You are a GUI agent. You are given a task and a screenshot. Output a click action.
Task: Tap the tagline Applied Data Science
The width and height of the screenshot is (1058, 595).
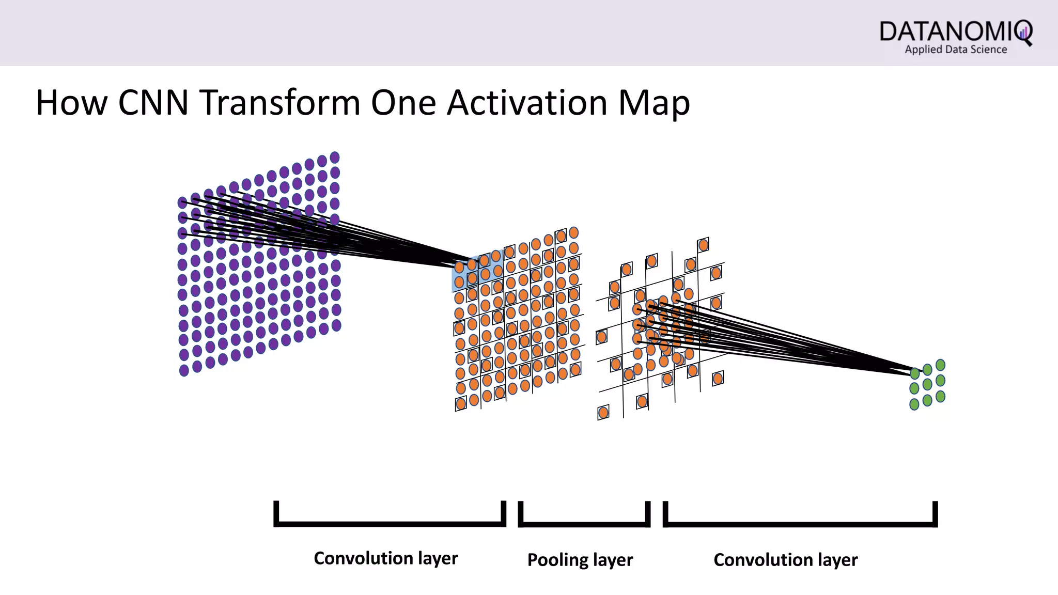(x=956, y=50)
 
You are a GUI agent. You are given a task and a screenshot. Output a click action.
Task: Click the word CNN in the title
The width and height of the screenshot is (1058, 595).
(x=153, y=102)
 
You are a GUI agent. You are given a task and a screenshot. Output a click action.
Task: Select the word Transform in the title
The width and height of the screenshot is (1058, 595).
(x=281, y=102)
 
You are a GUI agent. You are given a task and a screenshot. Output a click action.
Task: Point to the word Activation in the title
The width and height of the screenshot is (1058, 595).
(x=527, y=102)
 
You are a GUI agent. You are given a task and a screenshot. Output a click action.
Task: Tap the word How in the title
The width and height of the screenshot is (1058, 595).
(x=71, y=102)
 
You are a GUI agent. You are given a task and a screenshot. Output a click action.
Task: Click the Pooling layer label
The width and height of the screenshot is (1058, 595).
(x=580, y=560)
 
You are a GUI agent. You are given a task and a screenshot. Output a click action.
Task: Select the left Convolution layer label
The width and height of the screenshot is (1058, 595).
(x=385, y=558)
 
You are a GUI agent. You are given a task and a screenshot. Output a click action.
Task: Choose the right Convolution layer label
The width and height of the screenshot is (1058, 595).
(x=785, y=560)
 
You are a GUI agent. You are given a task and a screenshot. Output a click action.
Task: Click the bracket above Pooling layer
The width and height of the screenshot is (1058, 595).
(x=584, y=523)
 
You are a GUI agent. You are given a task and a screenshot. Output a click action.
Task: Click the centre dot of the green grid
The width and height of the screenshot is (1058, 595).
(x=927, y=385)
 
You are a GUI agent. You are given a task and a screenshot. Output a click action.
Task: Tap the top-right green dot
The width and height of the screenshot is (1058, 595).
(x=940, y=365)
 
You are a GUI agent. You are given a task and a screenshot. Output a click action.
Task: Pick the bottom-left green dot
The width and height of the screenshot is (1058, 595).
(x=914, y=404)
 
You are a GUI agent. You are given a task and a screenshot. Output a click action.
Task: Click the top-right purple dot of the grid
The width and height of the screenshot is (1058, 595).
(x=335, y=158)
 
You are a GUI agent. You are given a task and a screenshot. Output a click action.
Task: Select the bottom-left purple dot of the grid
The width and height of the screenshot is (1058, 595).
(x=184, y=370)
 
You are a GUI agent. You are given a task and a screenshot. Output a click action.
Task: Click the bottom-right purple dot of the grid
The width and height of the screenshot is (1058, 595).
(x=336, y=325)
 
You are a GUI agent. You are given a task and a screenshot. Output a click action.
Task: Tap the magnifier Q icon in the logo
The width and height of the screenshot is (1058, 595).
(x=1023, y=33)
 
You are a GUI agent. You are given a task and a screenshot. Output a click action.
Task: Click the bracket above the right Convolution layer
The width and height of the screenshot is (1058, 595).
(x=800, y=523)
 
